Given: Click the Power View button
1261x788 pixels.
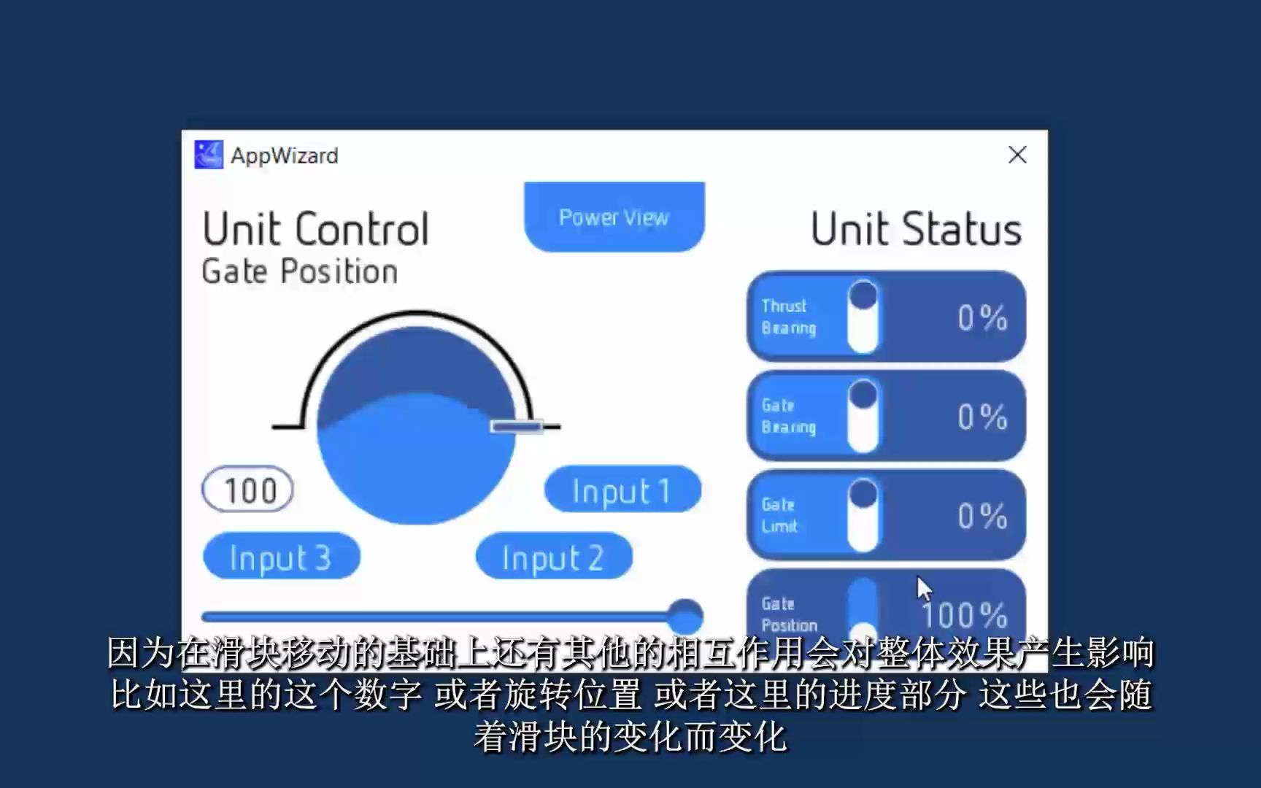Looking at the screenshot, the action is [x=614, y=217].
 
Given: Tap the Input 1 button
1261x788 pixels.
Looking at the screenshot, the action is [x=622, y=490].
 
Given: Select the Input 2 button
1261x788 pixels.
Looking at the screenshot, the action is [x=554, y=557].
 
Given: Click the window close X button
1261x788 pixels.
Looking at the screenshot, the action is [x=1017, y=155].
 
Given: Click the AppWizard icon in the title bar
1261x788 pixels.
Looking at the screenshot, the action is [x=209, y=155].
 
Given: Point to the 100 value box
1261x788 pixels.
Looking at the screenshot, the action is [x=248, y=490].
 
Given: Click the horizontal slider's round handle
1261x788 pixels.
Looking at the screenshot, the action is [x=685, y=617].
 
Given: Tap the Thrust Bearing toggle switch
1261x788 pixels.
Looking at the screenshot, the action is [x=863, y=317].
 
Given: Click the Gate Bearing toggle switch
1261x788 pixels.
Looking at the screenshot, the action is [x=863, y=416].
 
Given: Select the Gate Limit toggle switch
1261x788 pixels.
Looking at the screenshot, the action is [x=863, y=515].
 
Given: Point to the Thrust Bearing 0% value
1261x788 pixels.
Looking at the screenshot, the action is [x=982, y=318].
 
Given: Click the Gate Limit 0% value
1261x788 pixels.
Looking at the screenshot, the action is [x=982, y=517].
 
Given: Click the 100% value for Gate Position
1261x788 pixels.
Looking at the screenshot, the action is [x=965, y=616].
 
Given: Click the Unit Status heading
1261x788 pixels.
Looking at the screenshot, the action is [x=917, y=229].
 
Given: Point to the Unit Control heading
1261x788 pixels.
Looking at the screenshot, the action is [x=315, y=229].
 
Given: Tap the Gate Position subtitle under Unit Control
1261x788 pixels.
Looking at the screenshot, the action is [x=300, y=271].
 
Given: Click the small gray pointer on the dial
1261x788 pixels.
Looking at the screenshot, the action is [x=517, y=426].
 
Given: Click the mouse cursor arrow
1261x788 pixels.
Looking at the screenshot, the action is [x=924, y=589].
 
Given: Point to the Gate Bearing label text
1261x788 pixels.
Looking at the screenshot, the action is [x=788, y=416].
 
